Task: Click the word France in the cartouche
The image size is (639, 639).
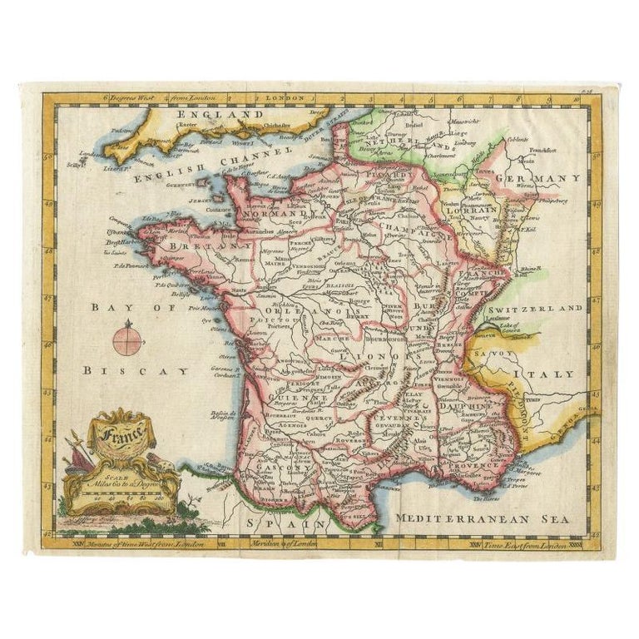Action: pos(122,432)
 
